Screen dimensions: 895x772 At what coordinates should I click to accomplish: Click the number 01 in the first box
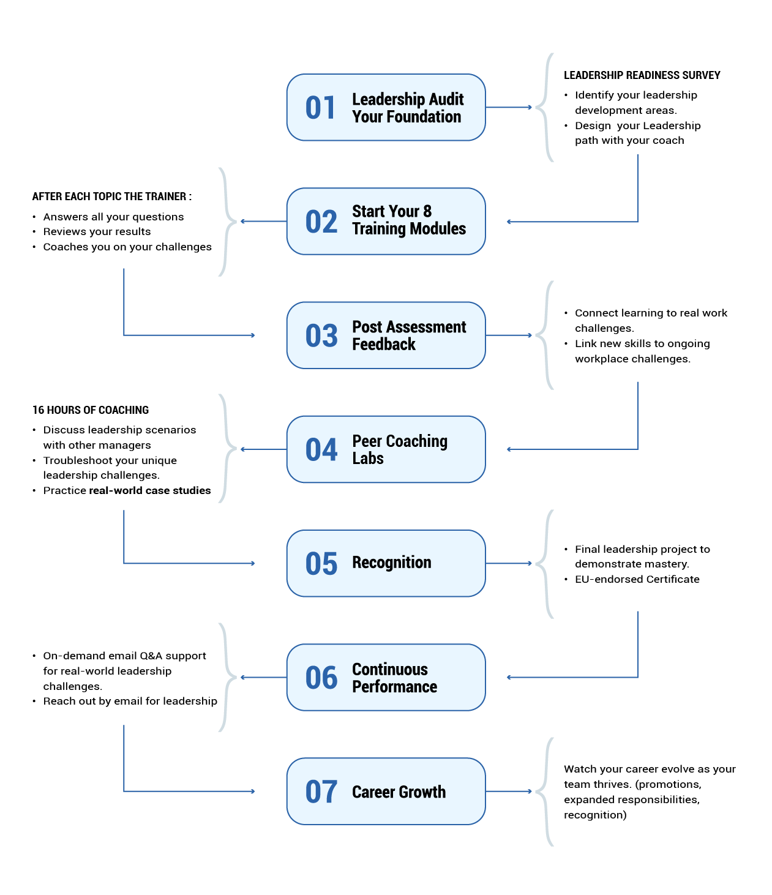321,108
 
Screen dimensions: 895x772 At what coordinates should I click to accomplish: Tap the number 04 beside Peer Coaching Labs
321,449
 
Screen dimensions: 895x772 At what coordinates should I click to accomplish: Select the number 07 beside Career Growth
321,792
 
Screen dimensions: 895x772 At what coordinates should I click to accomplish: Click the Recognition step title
391,563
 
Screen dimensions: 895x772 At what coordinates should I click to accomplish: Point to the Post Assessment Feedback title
408,335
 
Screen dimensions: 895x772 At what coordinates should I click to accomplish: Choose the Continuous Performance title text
394,678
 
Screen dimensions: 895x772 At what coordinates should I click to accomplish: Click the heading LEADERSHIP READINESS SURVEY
642,75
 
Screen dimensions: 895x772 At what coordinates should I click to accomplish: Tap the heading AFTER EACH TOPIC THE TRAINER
111,197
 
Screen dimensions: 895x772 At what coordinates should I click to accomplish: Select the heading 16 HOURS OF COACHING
91,410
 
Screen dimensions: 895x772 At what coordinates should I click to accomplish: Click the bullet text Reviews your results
97,231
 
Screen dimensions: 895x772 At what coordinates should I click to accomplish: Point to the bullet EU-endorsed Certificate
637,579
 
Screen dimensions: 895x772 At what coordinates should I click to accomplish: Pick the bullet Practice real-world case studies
127,490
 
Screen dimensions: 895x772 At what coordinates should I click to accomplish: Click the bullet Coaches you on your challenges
127,247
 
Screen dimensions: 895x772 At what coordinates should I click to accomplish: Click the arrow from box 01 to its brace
509,107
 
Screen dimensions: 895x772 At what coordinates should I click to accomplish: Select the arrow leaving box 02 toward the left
263,221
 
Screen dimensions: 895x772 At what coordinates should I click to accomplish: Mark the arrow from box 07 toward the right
509,791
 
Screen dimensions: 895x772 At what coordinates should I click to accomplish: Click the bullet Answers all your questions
113,217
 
